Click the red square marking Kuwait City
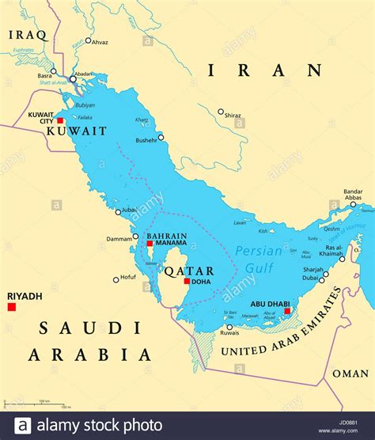point(60,121)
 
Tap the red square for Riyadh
point(11,306)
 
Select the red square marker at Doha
point(187,281)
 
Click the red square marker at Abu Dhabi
point(287,311)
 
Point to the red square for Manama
point(150,244)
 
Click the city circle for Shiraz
point(221,112)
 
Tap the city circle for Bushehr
point(161,137)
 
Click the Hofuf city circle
point(116,279)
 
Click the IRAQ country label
point(28,35)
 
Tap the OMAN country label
point(350,374)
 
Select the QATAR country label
point(184,271)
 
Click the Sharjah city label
point(312,269)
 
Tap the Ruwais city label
point(230,333)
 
